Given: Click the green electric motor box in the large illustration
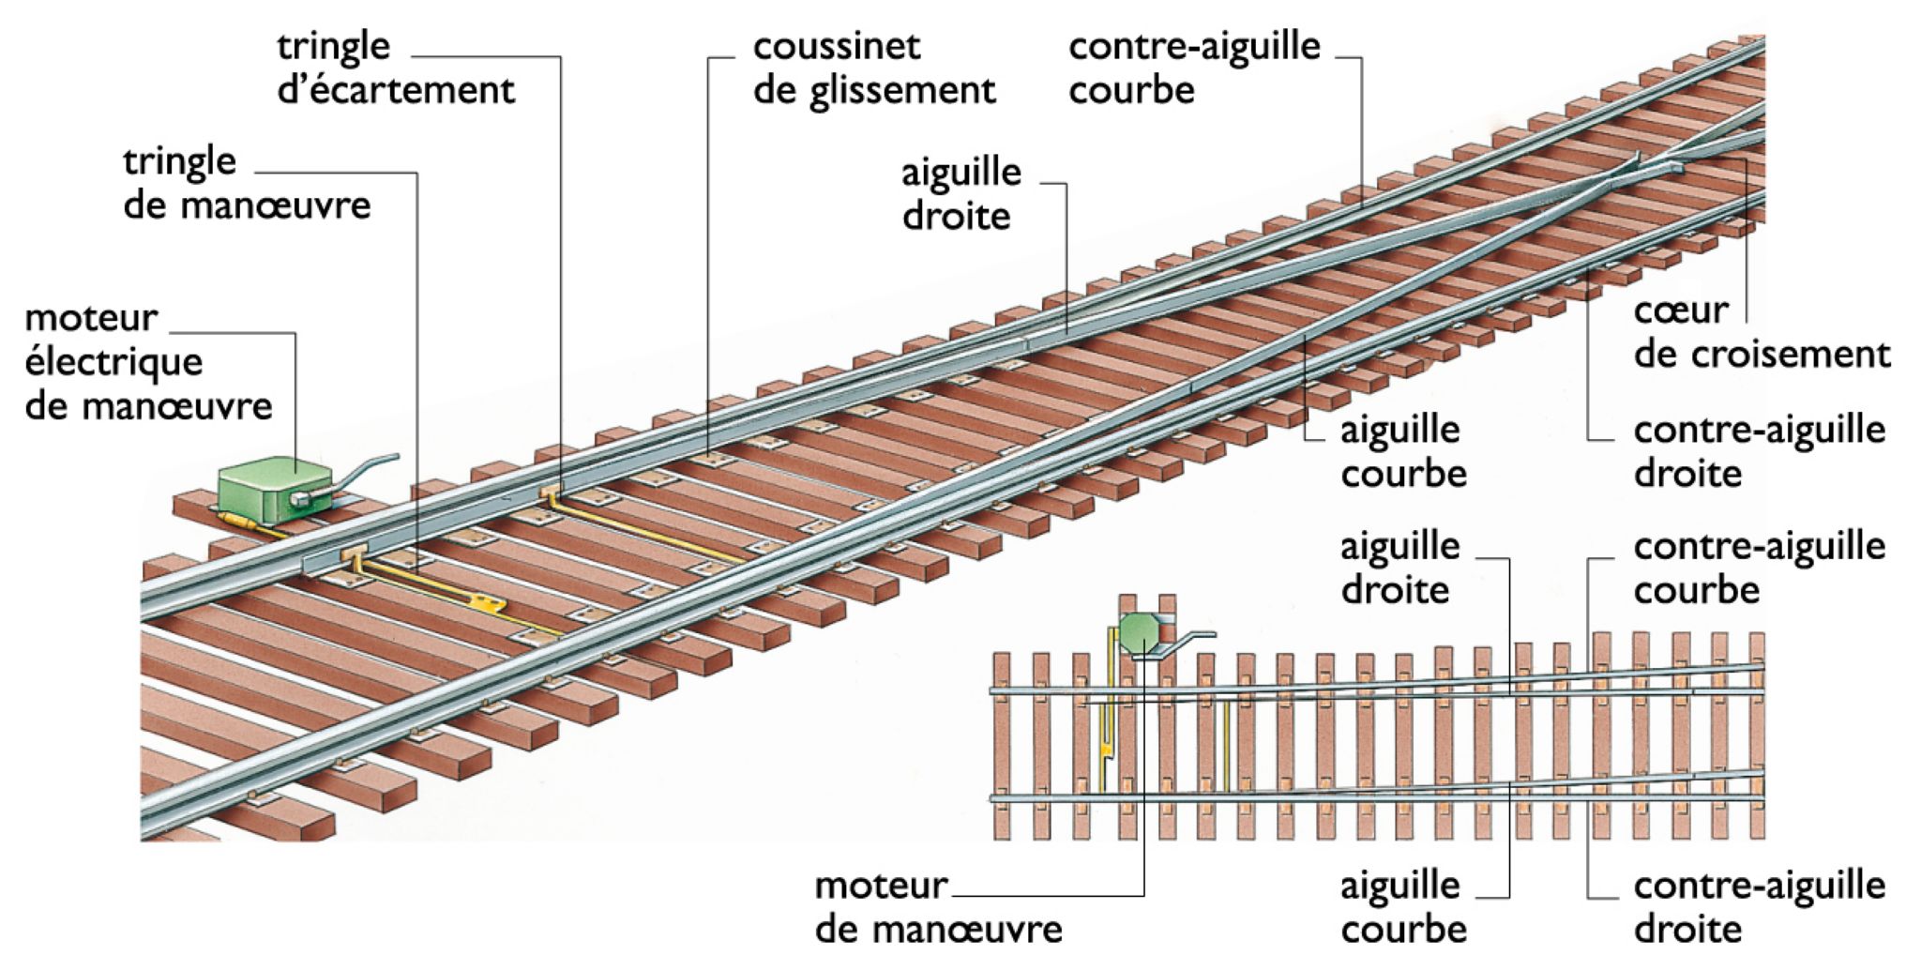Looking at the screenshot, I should [x=272, y=490].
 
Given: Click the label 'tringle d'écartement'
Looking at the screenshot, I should [x=395, y=68].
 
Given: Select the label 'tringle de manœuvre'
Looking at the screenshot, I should [x=246, y=183].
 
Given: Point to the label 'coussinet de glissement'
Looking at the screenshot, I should [x=872, y=68].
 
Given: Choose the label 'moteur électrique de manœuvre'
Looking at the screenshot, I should [x=147, y=362].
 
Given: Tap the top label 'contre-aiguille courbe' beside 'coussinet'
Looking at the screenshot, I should [x=1193, y=68].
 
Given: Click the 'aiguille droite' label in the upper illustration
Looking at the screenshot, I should [x=960, y=194].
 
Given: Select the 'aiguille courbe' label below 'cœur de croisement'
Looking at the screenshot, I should [x=1402, y=451].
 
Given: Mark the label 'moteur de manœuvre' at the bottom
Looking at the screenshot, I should [x=937, y=907].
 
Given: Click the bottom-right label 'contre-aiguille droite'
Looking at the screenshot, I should [x=1758, y=907].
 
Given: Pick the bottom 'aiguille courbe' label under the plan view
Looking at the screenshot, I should [x=1402, y=907].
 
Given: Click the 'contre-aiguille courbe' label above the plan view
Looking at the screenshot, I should [x=1758, y=568].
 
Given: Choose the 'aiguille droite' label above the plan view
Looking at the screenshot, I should [x=1399, y=568].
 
